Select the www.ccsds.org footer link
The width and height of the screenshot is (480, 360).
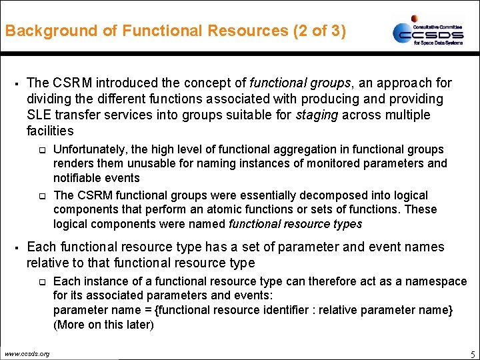tap(27, 353)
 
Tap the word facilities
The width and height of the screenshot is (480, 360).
tap(50, 131)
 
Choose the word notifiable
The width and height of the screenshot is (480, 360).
tap(77, 178)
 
